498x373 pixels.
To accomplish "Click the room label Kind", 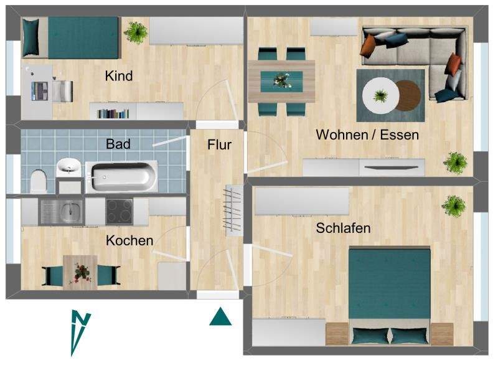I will (118, 76).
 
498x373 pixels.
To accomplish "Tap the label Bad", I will (118, 144).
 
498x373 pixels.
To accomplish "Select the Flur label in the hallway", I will (219, 145).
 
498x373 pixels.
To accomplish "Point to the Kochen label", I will (129, 240).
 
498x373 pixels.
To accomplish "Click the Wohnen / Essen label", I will (367, 135).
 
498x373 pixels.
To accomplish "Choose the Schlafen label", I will (343, 228).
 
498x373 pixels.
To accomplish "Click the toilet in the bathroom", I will (39, 181).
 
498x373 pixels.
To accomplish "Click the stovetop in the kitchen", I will (119, 210).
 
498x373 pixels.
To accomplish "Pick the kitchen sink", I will (61, 210).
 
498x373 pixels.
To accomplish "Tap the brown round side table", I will (408, 95).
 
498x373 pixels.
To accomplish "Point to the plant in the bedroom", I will (454, 204).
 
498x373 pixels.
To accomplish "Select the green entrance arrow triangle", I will (220, 317).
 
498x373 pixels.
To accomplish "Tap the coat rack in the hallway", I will (233, 209).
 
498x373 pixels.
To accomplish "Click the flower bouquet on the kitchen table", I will (80, 271).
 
